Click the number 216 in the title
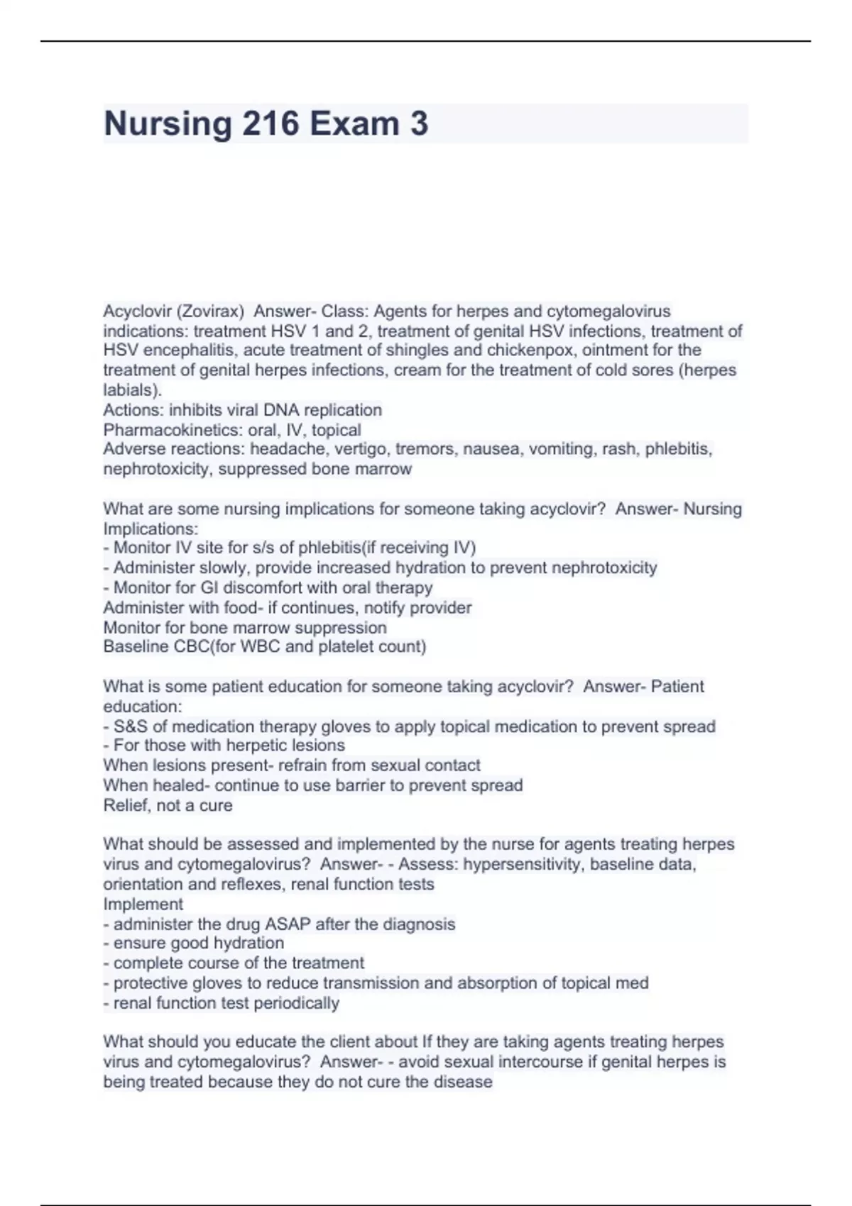(271, 123)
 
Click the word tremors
(422, 449)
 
